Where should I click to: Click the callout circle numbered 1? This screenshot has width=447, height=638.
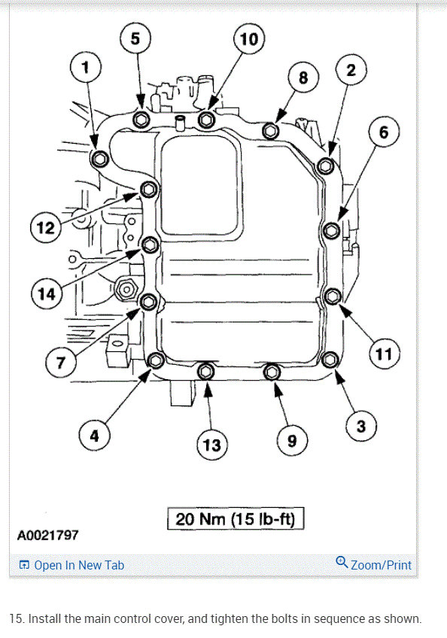[85, 68]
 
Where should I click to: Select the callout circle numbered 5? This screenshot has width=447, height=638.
[135, 38]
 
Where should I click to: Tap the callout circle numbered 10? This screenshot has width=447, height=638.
[248, 40]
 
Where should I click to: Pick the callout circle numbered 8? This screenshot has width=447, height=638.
[303, 77]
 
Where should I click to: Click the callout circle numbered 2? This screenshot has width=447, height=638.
[351, 71]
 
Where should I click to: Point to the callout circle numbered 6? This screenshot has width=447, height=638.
[384, 133]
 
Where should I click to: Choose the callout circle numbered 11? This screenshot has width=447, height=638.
[384, 354]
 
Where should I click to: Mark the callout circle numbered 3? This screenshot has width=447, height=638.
[361, 427]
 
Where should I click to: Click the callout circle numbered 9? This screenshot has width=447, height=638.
[292, 440]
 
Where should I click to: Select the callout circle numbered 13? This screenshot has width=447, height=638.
[212, 445]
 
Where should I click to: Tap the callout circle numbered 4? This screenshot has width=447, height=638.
[94, 435]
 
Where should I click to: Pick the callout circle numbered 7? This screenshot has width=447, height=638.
[62, 363]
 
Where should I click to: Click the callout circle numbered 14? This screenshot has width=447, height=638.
[47, 293]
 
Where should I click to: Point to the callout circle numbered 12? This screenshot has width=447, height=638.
[47, 226]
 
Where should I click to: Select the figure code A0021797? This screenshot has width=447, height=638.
[47, 536]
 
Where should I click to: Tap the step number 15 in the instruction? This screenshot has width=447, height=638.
[16, 618]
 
